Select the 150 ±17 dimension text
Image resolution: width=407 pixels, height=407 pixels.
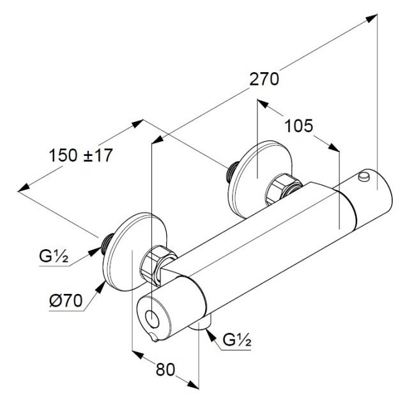80,155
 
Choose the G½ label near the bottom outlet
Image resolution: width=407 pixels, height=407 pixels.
236,341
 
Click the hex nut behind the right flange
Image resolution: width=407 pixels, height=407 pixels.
283,188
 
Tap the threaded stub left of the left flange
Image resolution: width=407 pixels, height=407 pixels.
107,242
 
